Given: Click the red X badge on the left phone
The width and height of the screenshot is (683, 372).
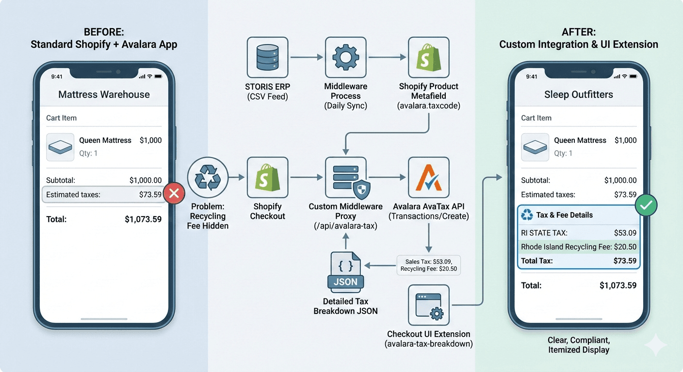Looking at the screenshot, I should pyautogui.click(x=174, y=195).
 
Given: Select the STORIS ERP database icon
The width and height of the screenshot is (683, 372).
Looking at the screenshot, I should pyautogui.click(x=267, y=58).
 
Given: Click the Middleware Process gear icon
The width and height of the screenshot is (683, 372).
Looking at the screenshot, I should pyautogui.click(x=345, y=58).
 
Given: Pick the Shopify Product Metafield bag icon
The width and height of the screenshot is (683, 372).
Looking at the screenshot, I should pyautogui.click(x=429, y=58).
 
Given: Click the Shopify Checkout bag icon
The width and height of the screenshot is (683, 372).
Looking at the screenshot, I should pyautogui.click(x=267, y=178).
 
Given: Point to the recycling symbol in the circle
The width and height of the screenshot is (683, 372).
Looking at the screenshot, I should pyautogui.click(x=207, y=178).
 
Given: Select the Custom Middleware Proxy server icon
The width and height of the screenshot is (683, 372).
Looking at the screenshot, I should pyautogui.click(x=345, y=178).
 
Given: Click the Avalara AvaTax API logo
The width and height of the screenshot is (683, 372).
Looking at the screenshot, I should pyautogui.click(x=429, y=178).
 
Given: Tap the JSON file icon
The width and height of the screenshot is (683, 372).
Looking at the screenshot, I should pyautogui.click(x=345, y=272).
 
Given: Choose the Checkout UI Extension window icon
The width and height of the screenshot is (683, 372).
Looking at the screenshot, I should pyautogui.click(x=429, y=305).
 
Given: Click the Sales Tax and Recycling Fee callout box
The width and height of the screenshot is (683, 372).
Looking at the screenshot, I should pyautogui.click(x=428, y=265).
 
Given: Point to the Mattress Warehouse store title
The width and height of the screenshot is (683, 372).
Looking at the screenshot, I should pyautogui.click(x=104, y=94).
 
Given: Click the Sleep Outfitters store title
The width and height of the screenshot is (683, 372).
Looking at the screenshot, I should pyautogui.click(x=579, y=94).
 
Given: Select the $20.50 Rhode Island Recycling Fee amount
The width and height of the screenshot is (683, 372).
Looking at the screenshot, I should pyautogui.click(x=625, y=247).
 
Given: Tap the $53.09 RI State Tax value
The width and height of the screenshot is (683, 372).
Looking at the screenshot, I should pyautogui.click(x=625, y=233).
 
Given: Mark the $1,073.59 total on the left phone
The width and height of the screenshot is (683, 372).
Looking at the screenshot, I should pyautogui.click(x=143, y=219).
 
